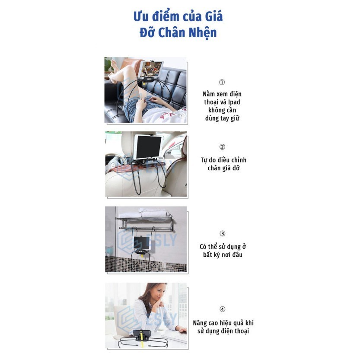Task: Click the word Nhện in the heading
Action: tap(203, 33)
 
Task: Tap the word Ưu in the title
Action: tap(140, 16)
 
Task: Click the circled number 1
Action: tap(222, 82)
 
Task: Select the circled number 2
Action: tap(222, 147)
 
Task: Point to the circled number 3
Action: tap(222, 233)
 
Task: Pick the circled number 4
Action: tap(222, 309)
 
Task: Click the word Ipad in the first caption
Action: tap(234, 102)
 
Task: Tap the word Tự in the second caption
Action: tap(204, 160)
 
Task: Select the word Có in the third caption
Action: tap(203, 247)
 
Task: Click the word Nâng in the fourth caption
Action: tap(200, 323)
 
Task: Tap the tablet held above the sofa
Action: tap(150, 69)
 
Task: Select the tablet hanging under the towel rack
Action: tap(142, 243)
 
